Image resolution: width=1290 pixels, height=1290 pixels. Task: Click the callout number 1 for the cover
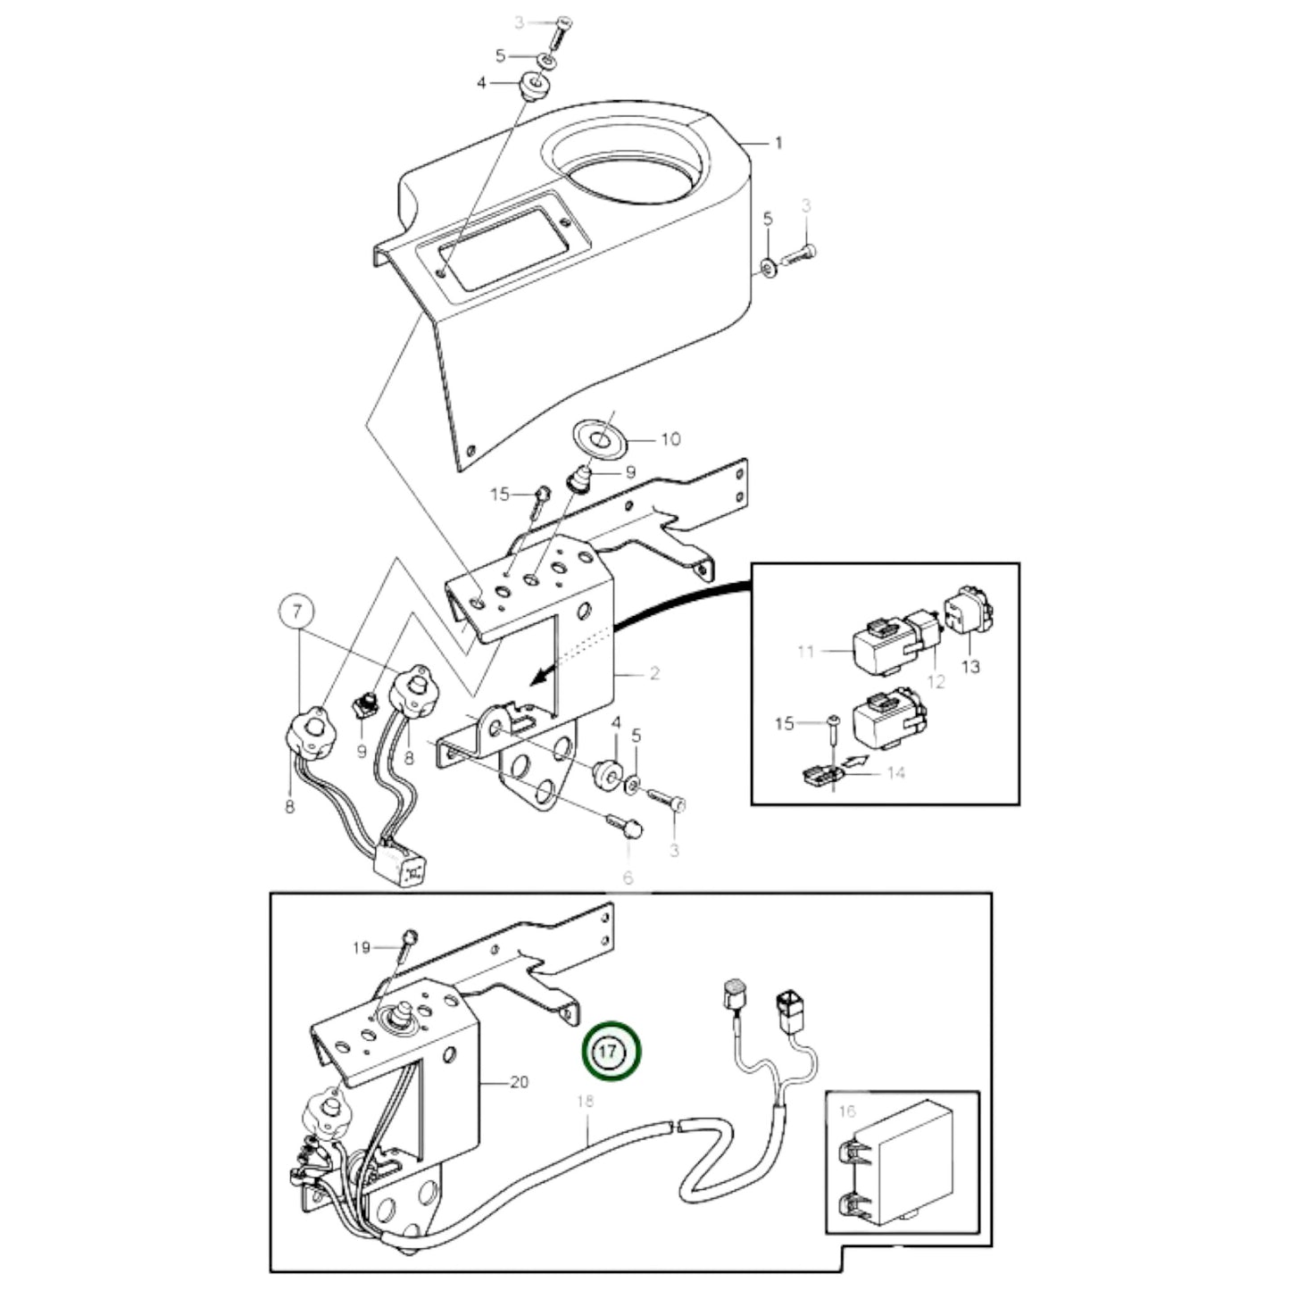[x=778, y=143]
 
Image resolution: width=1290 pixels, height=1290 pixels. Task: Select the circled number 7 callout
[x=299, y=613]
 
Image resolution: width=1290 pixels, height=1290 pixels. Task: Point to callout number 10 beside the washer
[x=670, y=439]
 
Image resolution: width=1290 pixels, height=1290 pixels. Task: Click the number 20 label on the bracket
[x=518, y=1082]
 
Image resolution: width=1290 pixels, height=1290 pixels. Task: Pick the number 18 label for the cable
[x=585, y=1102]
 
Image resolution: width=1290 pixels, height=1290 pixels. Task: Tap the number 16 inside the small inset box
[x=846, y=1111]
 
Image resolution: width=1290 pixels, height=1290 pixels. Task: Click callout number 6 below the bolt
[x=628, y=878]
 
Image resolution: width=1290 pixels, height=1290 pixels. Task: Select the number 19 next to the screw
[x=361, y=948]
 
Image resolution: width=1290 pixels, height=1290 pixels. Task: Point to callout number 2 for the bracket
[x=653, y=673]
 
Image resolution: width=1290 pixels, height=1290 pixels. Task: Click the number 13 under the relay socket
[x=970, y=667]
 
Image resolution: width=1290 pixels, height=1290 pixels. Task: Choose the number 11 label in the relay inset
[x=806, y=652]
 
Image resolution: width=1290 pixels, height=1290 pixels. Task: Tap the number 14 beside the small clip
[x=895, y=772]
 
